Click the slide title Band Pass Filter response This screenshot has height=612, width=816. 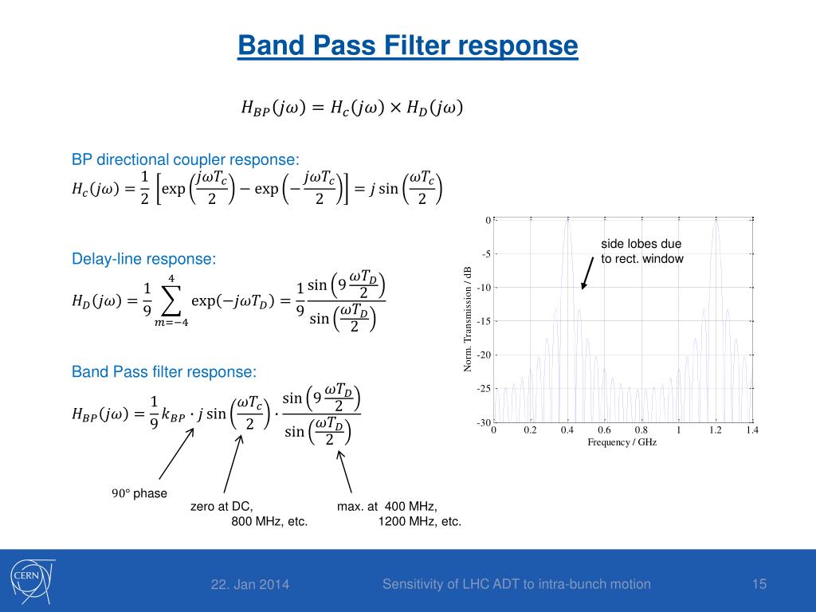click(407, 45)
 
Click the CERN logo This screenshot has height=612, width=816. click(32, 581)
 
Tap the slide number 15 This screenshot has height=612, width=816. click(759, 584)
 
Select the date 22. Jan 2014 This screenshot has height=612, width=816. click(249, 584)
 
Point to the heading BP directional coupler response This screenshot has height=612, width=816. click(185, 159)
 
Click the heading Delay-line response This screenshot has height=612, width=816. click(143, 259)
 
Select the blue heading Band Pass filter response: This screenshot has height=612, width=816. click(164, 371)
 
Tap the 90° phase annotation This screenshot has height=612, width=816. click(139, 493)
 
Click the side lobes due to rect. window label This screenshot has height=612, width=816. click(642, 251)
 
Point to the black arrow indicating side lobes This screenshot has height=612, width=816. click(587, 273)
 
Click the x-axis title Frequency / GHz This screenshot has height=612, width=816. click(622, 441)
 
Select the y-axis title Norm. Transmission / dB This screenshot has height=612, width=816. click(467, 319)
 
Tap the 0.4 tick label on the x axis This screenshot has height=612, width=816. click(567, 430)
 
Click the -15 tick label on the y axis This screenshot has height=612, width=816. click(484, 321)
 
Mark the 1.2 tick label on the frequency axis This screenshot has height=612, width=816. click(716, 430)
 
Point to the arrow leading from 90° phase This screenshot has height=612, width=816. click(176, 453)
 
